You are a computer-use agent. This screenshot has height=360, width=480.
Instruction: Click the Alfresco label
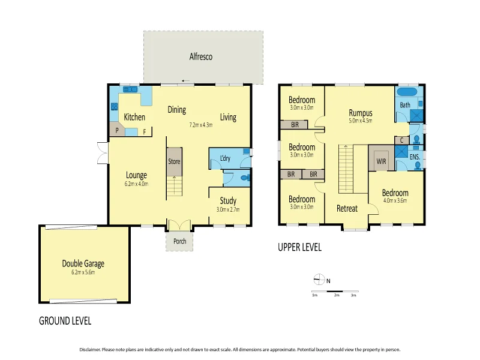[x=201, y=57]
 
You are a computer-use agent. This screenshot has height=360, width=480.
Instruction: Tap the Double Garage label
[x=87, y=263]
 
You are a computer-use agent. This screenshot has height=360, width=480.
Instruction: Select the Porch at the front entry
[x=179, y=241]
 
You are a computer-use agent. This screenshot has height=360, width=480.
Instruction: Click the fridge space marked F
[x=144, y=131]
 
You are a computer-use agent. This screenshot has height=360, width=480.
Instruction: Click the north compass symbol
[x=319, y=280]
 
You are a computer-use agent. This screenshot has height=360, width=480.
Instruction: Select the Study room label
[x=227, y=200]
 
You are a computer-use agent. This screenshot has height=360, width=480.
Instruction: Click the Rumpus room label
[x=361, y=112]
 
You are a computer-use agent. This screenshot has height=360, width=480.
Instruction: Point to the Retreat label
[x=347, y=209]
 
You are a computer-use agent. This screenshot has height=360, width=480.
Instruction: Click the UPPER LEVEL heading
[x=299, y=247]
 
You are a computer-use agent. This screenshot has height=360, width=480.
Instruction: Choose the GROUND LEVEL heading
[x=65, y=320]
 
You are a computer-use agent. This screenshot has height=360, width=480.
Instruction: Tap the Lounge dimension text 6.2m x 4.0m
[x=136, y=184]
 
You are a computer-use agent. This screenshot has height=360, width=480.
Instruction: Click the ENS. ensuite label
[x=414, y=157]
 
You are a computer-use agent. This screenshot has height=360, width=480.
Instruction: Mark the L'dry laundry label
[x=226, y=158]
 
